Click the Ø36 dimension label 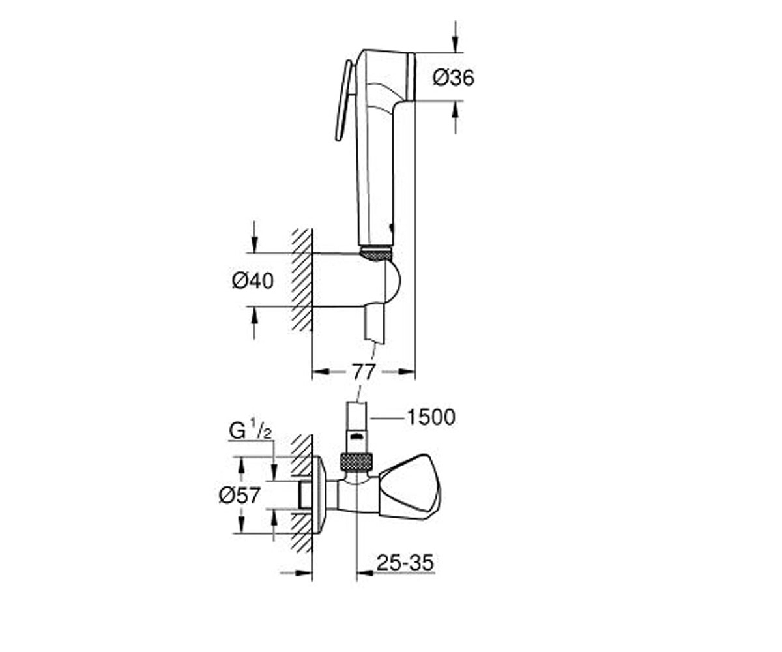453,78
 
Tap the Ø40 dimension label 252,280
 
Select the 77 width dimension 364,372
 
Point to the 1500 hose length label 431,417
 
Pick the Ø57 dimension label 239,496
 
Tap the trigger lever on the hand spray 343,100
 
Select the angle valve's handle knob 410,487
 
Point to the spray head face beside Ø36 412,77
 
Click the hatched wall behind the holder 302,279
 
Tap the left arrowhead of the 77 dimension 321,372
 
